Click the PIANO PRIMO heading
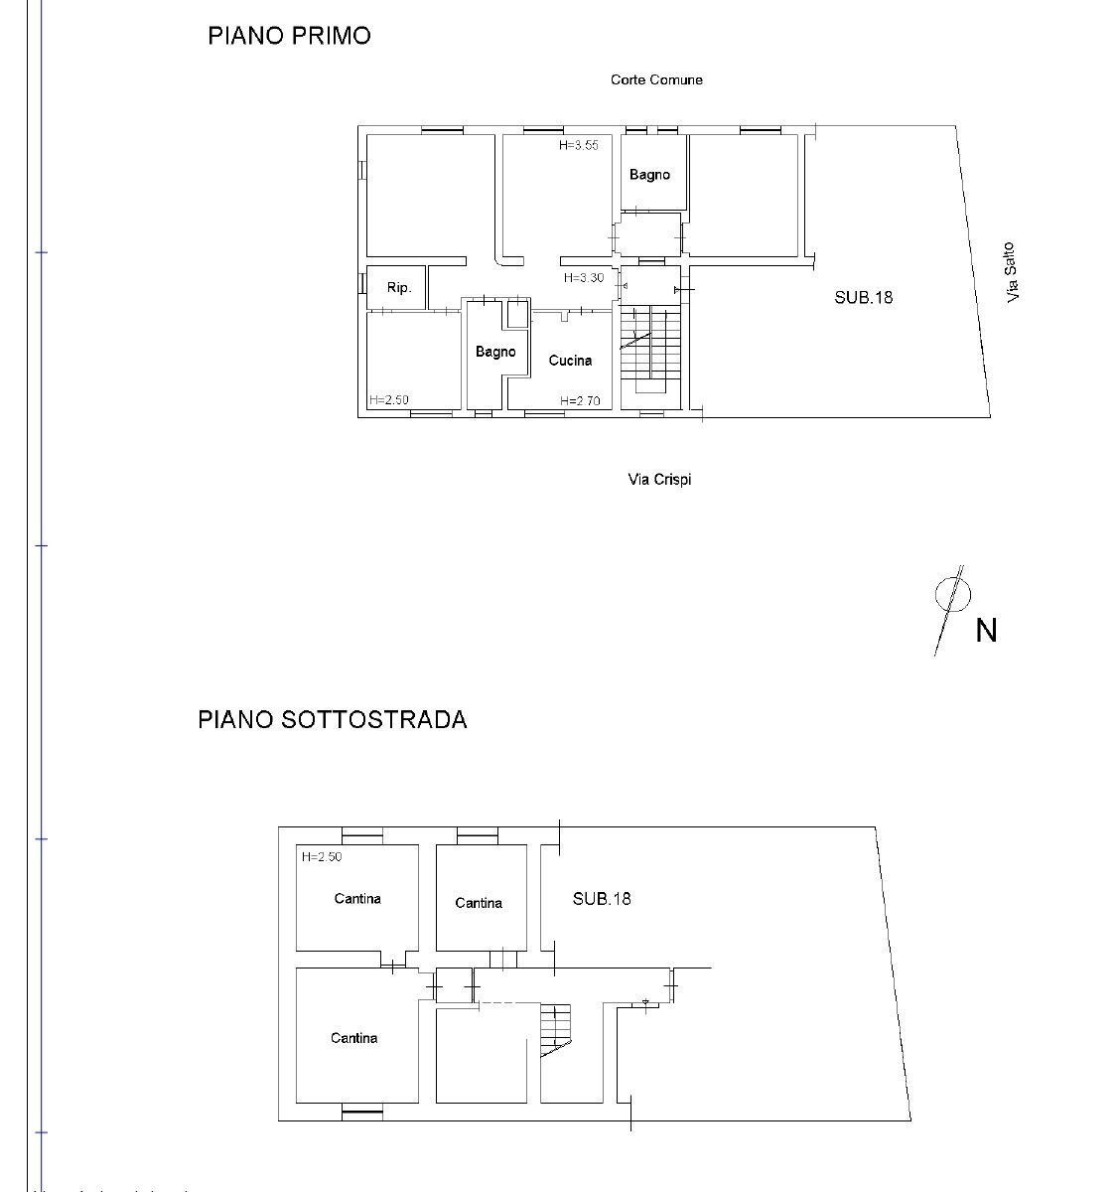tap(289, 36)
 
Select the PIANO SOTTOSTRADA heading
tap(332, 719)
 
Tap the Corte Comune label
tap(656, 79)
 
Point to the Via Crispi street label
tap(659, 480)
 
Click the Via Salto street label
tap(1011, 273)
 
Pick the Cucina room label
tap(570, 361)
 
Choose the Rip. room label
tap(398, 288)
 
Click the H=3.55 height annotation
tap(579, 145)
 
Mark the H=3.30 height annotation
tap(583, 278)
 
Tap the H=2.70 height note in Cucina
tap(580, 401)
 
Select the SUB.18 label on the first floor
tap(863, 296)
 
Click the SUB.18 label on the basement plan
tap(601, 899)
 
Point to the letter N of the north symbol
tap(985, 631)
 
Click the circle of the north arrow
tap(952, 593)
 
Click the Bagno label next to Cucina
tap(495, 352)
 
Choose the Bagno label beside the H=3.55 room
tap(649, 175)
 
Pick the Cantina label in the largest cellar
tap(354, 1038)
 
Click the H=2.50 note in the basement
tap(321, 856)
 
